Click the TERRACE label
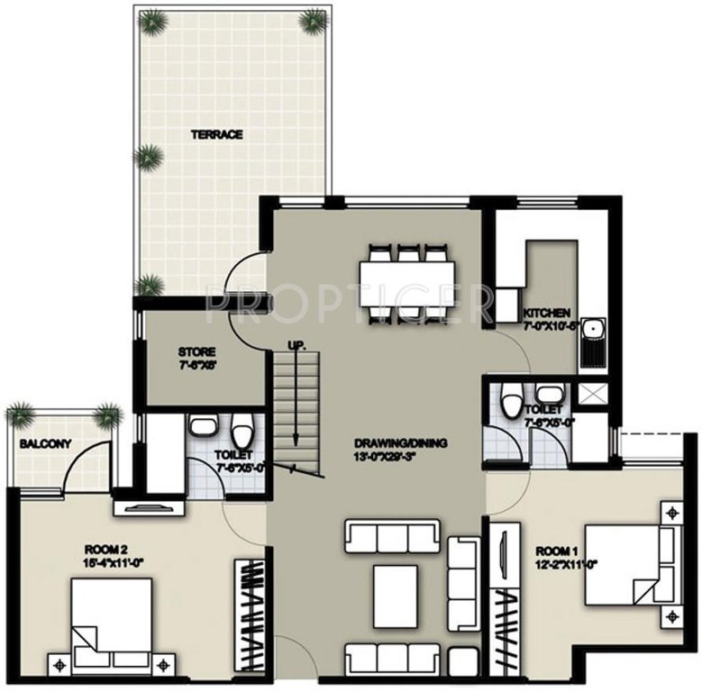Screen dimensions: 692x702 click(x=216, y=135)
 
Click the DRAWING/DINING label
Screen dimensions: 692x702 click(x=401, y=443)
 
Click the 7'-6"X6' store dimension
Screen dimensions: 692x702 click(x=196, y=366)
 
